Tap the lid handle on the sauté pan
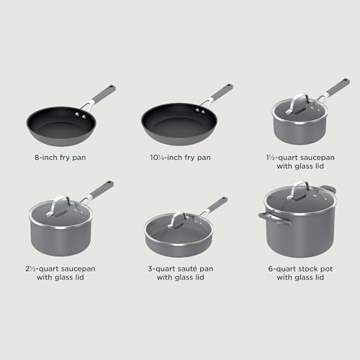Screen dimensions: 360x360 tap(178, 217)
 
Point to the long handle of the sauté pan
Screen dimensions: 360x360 tap(216, 203)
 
